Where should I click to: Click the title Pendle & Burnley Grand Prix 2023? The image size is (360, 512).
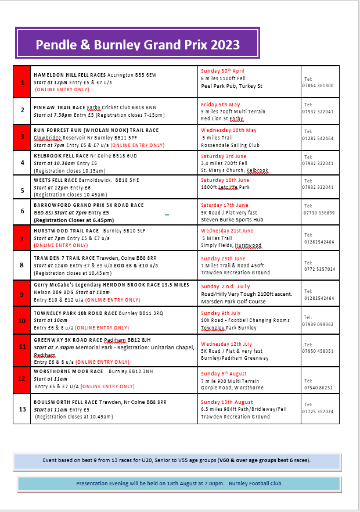coord(138,45)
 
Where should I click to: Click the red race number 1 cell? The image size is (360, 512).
coord(22,82)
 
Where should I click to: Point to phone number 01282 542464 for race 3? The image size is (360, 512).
coord(318,139)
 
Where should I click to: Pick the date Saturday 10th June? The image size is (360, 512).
coord(224,180)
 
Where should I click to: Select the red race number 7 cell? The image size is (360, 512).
coord(22,239)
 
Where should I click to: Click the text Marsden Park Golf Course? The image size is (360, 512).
coord(232,301)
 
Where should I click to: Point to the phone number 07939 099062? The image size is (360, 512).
coord(318,324)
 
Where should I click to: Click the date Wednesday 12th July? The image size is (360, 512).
coord(226,344)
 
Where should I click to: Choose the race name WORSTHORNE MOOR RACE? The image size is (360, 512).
coord(69,371)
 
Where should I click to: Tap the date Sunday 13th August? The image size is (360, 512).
coord(227,402)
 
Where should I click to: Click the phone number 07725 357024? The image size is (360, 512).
coord(318,411)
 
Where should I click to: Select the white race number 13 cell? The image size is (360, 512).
coord(22,409)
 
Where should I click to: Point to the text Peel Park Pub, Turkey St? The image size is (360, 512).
coord(232,86)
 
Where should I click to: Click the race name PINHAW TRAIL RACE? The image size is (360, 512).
coord(60,108)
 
